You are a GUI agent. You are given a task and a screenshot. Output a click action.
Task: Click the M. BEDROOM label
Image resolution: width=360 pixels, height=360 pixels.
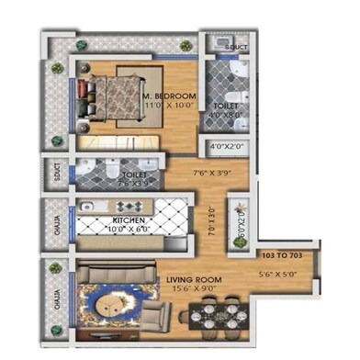(x=170, y=95)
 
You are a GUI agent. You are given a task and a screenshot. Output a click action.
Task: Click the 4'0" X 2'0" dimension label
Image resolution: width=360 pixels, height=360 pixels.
(x=224, y=146)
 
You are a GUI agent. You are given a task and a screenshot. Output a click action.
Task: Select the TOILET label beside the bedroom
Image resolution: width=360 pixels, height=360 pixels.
(x=225, y=107)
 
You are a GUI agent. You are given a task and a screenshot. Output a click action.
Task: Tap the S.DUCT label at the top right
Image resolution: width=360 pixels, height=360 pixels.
(x=237, y=47)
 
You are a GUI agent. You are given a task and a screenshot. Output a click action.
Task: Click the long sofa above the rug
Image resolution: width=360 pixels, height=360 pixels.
(x=118, y=273)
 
